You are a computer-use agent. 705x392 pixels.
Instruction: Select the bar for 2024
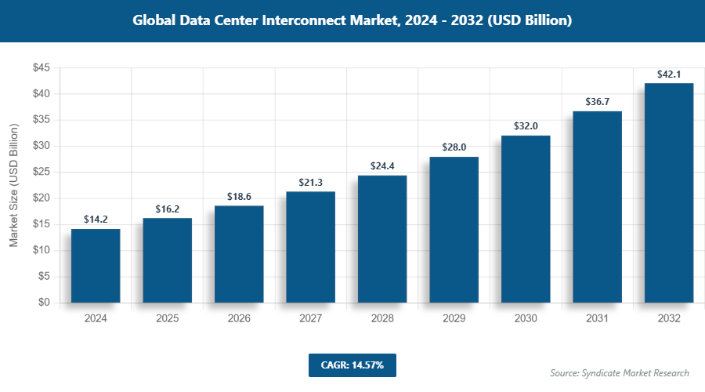click(x=96, y=266)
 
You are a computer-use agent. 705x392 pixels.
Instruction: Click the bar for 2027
click(x=310, y=247)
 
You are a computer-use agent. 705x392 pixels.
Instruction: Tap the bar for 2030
click(x=526, y=219)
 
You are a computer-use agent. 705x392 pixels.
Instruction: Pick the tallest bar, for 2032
click(x=669, y=193)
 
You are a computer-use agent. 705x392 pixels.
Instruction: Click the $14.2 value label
click(x=96, y=220)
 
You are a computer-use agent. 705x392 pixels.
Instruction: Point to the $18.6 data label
click(x=239, y=197)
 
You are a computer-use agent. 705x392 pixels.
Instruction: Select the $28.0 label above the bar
click(x=454, y=147)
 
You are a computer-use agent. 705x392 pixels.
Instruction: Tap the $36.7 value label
click(x=597, y=102)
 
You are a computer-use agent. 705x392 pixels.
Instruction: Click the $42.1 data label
click(x=669, y=74)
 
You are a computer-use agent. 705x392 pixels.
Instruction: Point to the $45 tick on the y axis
click(x=41, y=68)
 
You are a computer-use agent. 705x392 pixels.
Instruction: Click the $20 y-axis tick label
click(x=41, y=198)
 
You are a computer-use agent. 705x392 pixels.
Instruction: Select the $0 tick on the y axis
click(x=44, y=303)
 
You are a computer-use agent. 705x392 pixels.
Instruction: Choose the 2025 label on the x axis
click(x=167, y=319)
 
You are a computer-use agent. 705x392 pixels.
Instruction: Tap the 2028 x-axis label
click(x=382, y=319)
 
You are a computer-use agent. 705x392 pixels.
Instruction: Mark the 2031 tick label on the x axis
click(x=597, y=319)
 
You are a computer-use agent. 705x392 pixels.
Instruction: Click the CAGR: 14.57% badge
click(x=352, y=365)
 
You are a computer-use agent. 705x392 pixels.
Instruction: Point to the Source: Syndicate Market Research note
click(x=620, y=372)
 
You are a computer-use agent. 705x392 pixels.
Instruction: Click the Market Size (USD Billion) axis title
click(x=13, y=186)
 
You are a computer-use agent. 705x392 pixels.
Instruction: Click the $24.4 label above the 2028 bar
click(x=382, y=166)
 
